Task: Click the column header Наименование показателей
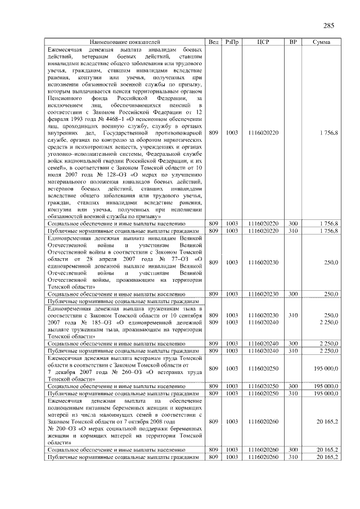124,42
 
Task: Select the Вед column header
213,42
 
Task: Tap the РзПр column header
232,42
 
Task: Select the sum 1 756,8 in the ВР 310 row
328,231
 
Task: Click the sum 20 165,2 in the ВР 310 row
328,457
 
